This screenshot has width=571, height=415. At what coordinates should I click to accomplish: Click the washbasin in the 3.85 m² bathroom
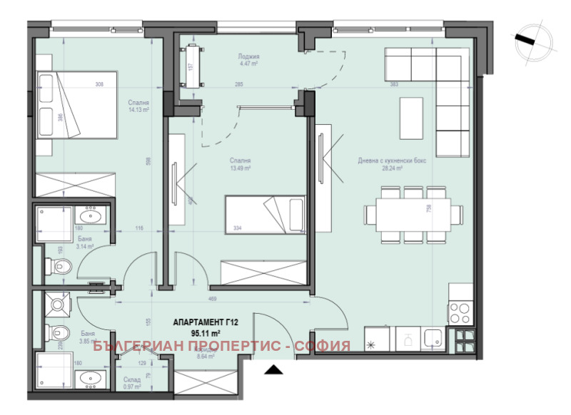click(91, 379)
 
